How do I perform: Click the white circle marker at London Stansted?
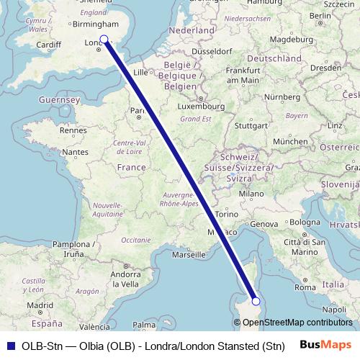click(104, 40)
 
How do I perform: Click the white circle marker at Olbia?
click(256, 301)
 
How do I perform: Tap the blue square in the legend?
click(9, 344)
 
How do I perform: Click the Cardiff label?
click(48, 45)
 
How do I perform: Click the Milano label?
click(252, 194)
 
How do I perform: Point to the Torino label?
click(226, 215)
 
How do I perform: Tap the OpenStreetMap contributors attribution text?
click(295, 323)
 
